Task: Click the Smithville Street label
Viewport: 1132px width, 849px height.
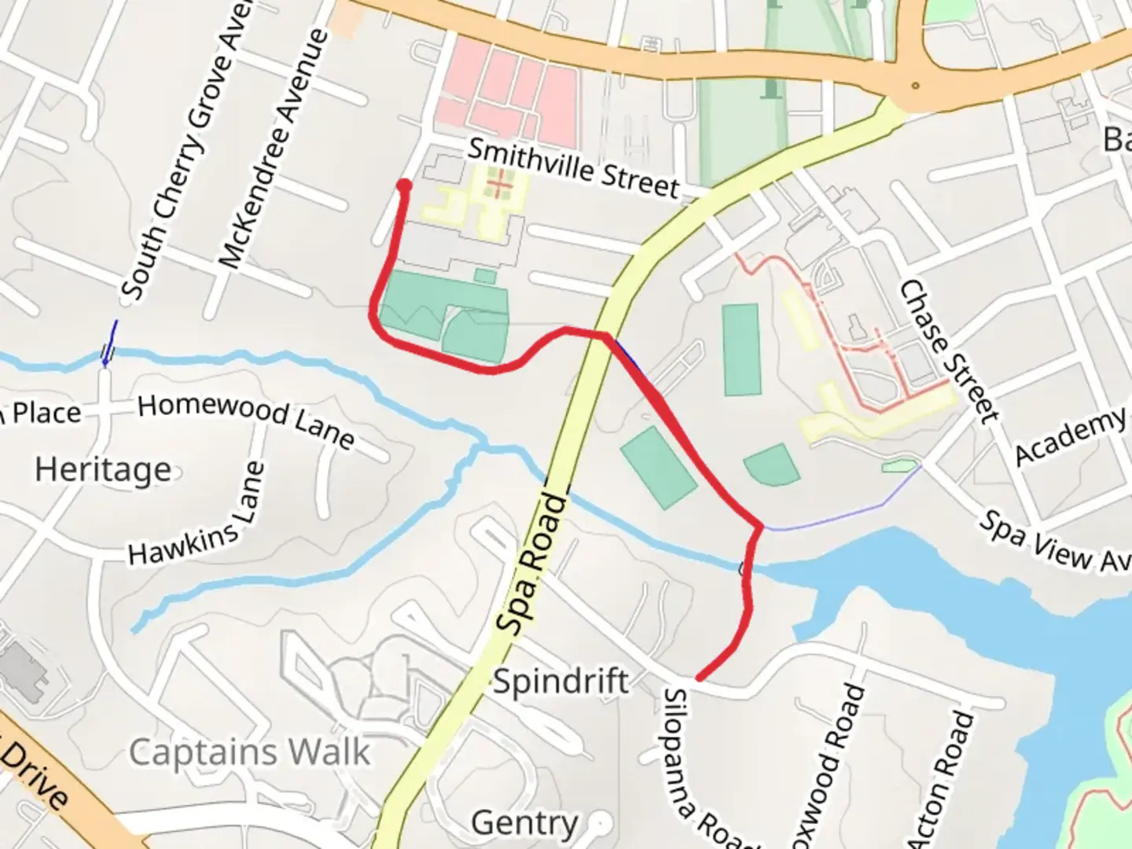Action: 573,167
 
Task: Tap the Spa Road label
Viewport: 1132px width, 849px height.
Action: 533,564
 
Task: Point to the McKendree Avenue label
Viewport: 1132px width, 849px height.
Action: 272,149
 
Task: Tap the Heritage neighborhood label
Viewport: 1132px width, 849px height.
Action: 103,470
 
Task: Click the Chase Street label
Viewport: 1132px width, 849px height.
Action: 948,351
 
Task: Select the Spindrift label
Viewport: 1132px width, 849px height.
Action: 560,681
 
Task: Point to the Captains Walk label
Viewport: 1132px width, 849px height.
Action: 249,752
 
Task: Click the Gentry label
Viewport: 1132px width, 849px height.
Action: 524,823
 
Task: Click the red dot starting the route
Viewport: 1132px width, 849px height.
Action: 404,186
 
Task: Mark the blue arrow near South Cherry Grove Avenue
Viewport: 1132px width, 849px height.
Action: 110,343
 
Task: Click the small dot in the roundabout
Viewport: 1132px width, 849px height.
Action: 915,85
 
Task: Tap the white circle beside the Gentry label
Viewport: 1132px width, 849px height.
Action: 601,823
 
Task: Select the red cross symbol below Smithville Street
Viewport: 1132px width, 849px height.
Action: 498,186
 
